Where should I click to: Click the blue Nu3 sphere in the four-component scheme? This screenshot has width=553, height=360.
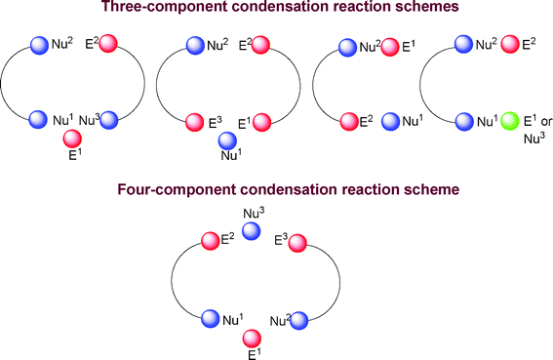tap(251, 230)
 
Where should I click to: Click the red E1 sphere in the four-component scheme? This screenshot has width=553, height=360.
tap(252, 338)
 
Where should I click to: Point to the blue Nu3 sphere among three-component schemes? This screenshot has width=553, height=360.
tap(109, 121)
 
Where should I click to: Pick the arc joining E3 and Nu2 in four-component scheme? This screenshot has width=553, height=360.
tap(338, 281)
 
